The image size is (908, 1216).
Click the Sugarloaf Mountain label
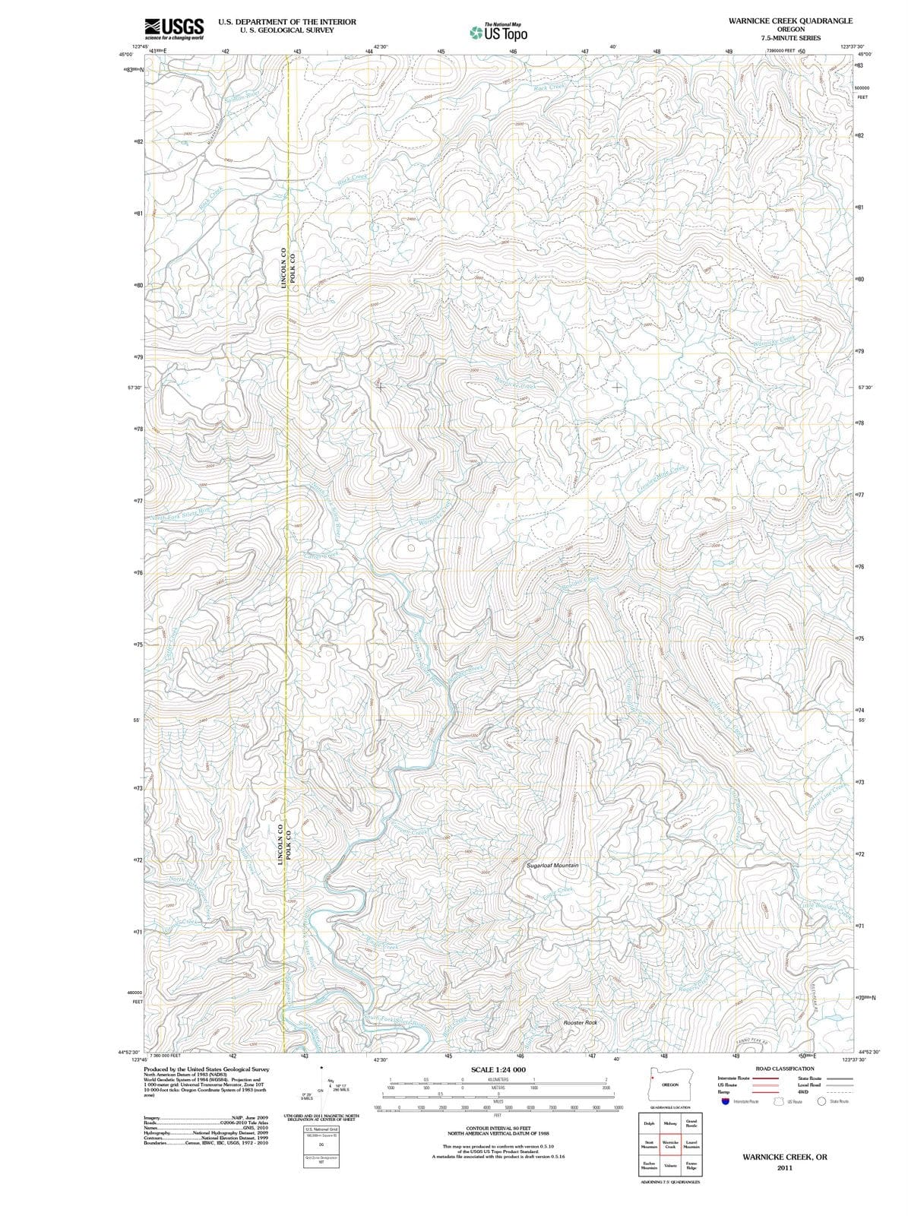[x=552, y=866]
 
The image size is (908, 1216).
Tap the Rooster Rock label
[x=581, y=1023]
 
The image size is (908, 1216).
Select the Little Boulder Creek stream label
[x=825, y=911]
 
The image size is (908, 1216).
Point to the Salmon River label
[x=242, y=97]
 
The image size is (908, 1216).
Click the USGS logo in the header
[x=174, y=29]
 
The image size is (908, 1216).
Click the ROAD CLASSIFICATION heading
[x=785, y=1069]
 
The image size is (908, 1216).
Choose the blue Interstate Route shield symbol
[x=725, y=1101]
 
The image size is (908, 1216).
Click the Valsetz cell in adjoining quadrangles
[x=670, y=1165]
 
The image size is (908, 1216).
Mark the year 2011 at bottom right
[x=785, y=1168]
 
